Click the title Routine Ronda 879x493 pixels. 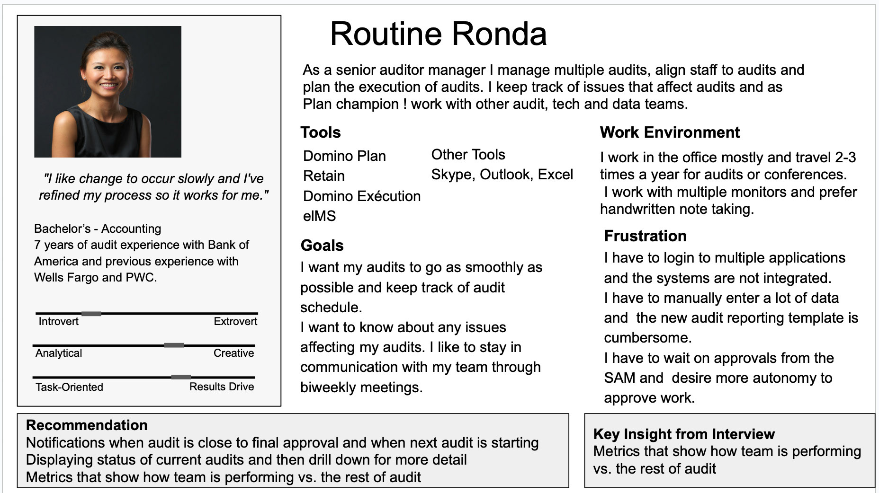pos(438,34)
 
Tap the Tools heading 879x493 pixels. pos(321,132)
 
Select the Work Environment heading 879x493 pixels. pos(669,132)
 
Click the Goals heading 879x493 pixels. pos(322,246)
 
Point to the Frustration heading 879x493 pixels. pos(645,236)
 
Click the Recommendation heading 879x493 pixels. pos(87,425)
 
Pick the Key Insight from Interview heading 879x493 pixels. pos(683,434)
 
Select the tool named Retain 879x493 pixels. pos(324,176)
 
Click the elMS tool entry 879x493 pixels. pos(319,216)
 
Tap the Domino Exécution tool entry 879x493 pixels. pos(361,196)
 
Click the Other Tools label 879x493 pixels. pos(468,155)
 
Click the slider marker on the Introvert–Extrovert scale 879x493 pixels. pos(91,314)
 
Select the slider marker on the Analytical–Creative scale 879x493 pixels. pos(174,345)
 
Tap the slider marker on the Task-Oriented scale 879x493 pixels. pos(181,377)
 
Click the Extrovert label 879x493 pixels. pos(235,322)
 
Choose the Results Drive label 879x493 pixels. pos(221,387)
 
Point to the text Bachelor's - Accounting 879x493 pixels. pos(98,229)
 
